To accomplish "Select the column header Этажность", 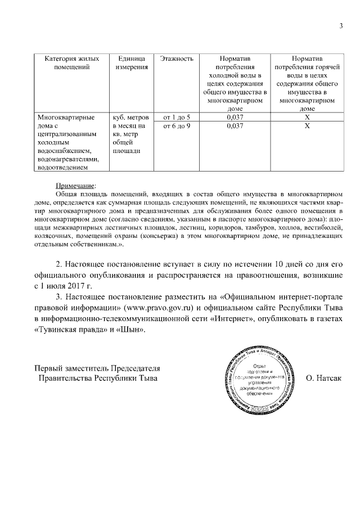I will [x=177, y=58].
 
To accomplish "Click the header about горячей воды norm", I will [x=307, y=83].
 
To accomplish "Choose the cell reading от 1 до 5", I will [x=177, y=118].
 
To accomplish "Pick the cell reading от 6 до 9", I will [x=177, y=127].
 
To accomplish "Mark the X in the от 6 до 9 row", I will [x=307, y=127].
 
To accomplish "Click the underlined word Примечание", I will [x=76, y=185].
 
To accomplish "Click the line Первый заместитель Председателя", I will [x=98, y=368].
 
